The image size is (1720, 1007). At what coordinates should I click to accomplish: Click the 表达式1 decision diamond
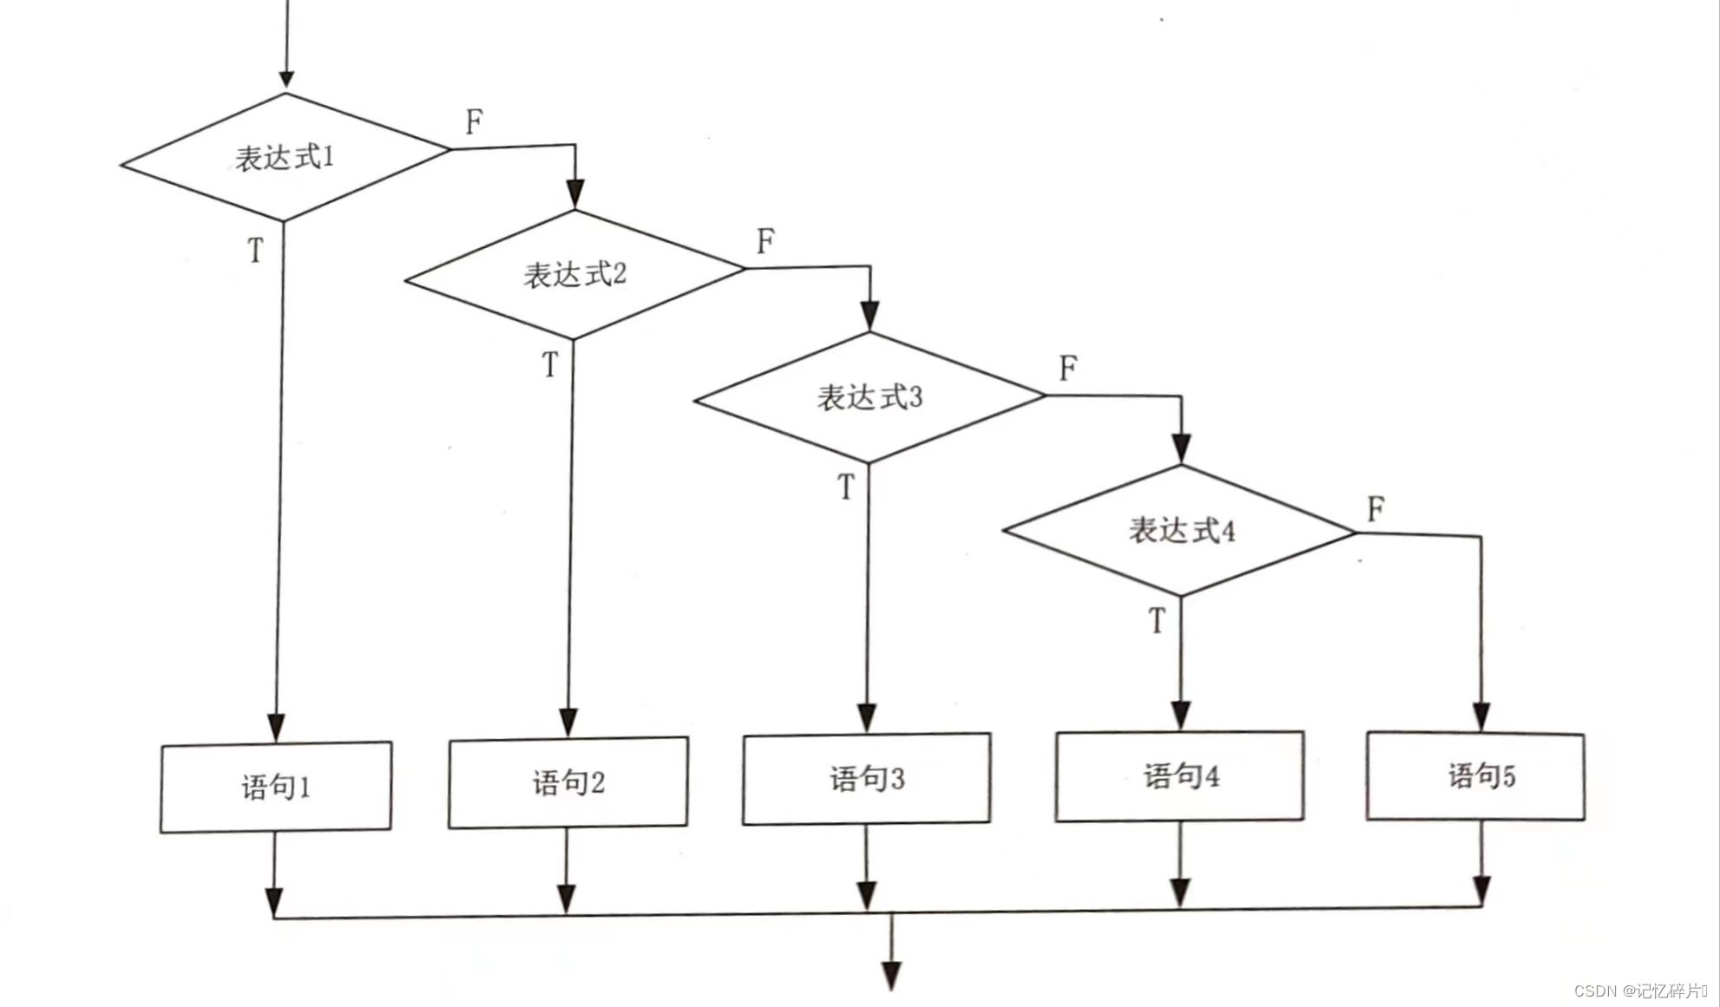285,158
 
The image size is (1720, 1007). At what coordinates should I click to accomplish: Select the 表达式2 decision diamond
574,275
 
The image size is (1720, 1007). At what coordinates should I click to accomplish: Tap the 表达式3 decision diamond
870,397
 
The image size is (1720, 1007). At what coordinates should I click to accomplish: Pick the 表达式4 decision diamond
1180,530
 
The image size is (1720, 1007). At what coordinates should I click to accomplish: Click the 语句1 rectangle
276,787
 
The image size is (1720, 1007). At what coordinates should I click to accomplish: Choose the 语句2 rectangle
568,782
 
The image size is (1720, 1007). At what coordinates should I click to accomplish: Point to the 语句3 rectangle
867,778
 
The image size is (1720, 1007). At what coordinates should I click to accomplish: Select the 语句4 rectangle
1180,775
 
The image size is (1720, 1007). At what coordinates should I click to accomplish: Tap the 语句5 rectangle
1476,775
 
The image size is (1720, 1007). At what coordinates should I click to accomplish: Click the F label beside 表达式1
474,121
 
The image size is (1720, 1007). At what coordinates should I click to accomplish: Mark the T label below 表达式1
255,251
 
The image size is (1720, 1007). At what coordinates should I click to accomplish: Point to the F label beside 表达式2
765,241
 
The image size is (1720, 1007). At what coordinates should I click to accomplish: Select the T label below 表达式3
846,487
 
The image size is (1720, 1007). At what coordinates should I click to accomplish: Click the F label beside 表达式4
1375,509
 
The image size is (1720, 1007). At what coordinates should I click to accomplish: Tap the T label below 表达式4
1157,621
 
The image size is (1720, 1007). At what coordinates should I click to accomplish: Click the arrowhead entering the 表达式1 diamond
286,80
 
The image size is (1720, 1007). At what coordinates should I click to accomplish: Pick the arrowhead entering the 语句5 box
1481,717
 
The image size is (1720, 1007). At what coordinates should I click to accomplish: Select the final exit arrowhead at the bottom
891,976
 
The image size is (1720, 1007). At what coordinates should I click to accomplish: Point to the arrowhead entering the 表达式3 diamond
870,317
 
